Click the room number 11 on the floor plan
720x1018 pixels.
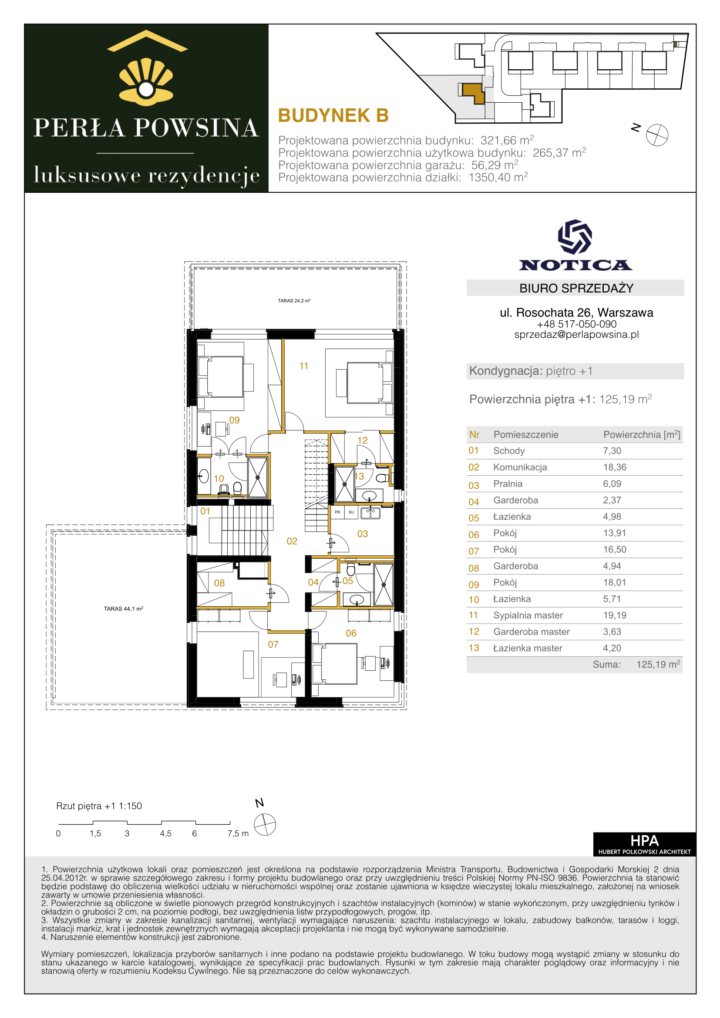click(304, 366)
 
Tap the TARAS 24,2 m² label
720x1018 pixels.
click(294, 301)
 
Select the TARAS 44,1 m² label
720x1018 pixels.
click(123, 609)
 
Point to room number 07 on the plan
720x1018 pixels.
click(273, 644)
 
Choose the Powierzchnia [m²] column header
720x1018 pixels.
click(642, 434)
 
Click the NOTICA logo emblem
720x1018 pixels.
click(575, 237)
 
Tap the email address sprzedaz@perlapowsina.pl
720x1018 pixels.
click(576, 335)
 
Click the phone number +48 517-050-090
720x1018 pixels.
click(576, 324)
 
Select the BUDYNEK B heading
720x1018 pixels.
click(333, 116)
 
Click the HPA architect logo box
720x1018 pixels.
click(644, 844)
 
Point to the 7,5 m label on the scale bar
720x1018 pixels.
click(238, 833)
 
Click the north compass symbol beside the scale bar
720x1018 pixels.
click(265, 825)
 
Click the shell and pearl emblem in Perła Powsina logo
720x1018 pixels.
click(146, 82)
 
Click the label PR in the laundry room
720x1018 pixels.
click(337, 512)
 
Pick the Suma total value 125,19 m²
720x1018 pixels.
click(658, 664)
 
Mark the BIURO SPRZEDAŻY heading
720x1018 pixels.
click(576, 288)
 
